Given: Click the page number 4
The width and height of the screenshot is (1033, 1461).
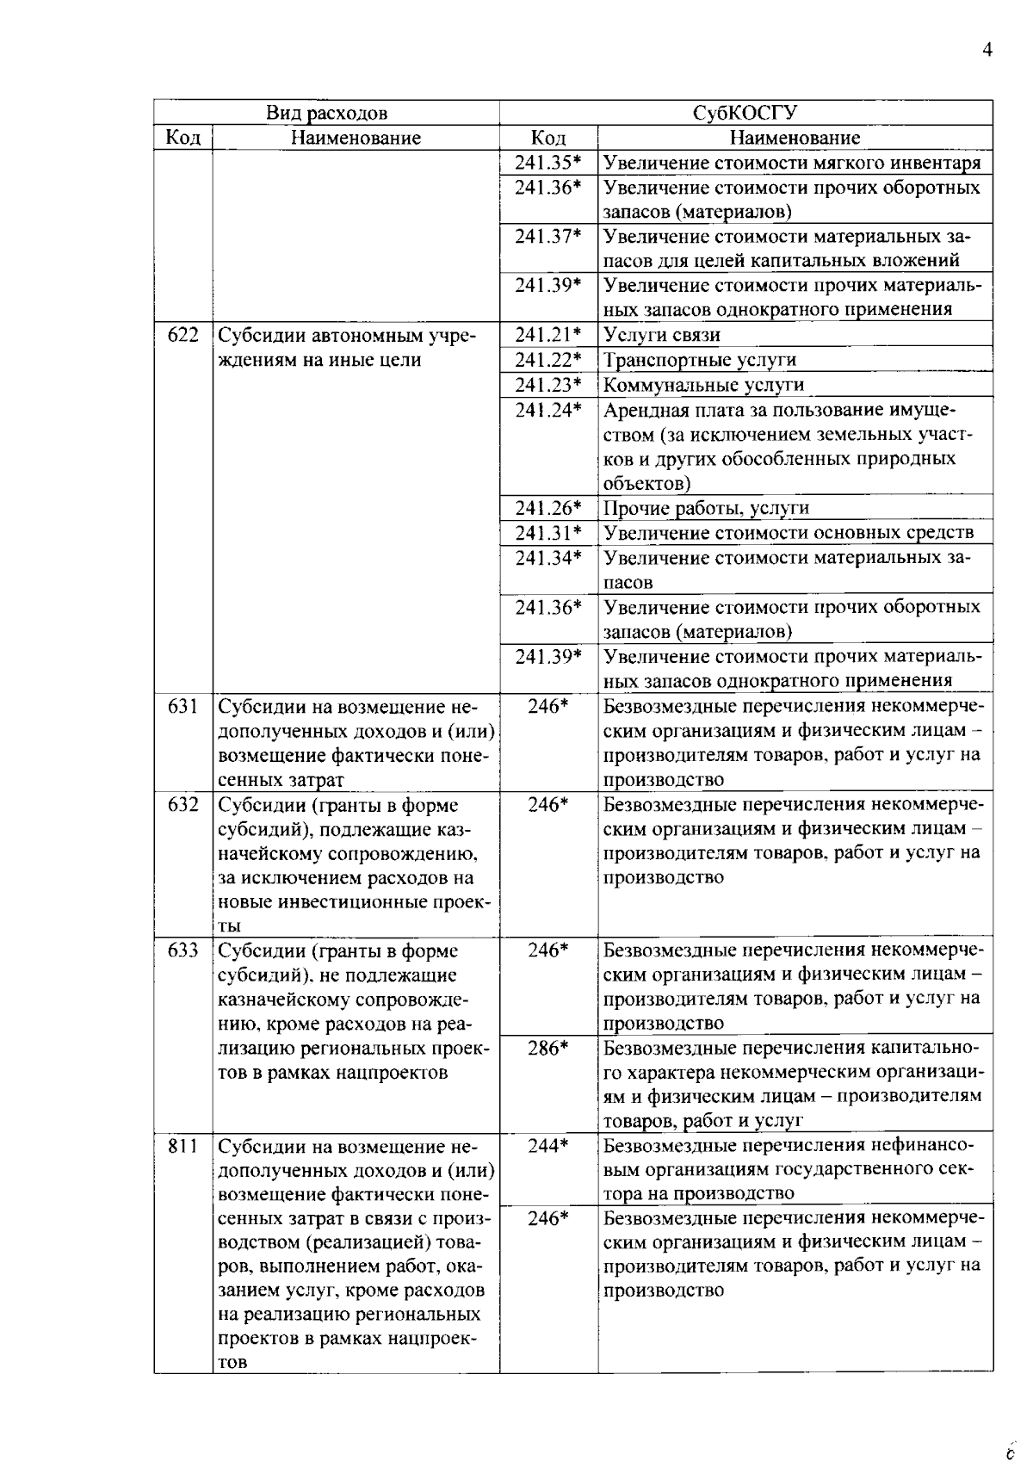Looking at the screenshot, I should pyautogui.click(x=987, y=50).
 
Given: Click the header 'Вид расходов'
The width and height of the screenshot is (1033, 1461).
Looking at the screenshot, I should pyautogui.click(x=326, y=113).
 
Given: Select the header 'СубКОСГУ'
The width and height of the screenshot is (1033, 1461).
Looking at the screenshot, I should pyautogui.click(x=745, y=113).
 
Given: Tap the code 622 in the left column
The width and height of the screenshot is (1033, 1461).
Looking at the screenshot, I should pyautogui.click(x=183, y=335).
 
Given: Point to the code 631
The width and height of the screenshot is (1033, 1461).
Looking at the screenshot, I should pyautogui.click(x=183, y=706).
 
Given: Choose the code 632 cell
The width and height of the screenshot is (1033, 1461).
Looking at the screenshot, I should pyautogui.click(x=183, y=805).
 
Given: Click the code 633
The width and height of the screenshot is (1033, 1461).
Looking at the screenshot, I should pyautogui.click(x=183, y=950).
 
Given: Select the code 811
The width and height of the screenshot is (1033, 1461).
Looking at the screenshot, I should pyautogui.click(x=183, y=1146).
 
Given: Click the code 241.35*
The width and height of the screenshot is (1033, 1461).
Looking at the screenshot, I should pyautogui.click(x=548, y=163).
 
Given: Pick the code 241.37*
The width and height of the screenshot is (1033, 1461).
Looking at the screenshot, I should pyautogui.click(x=548, y=236).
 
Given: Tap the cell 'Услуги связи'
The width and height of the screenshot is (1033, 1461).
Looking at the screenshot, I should pyautogui.click(x=662, y=335).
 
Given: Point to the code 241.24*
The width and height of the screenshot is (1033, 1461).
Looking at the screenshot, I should pyautogui.click(x=548, y=411).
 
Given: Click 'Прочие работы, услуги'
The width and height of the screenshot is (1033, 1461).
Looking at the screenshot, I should pyautogui.click(x=706, y=508).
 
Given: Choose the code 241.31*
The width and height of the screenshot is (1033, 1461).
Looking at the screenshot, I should pyautogui.click(x=548, y=533).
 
